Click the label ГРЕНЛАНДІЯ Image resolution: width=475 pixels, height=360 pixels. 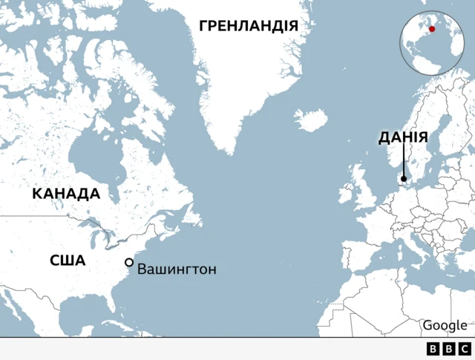point(249,26)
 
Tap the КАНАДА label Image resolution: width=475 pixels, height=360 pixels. point(65,194)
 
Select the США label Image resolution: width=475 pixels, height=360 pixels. point(68,261)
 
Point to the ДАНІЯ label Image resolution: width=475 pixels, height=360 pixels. point(402,137)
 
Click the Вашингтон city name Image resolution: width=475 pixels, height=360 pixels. point(177,269)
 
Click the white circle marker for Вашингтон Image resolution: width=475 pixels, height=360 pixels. point(129,262)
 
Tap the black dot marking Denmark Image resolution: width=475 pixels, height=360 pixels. point(403,178)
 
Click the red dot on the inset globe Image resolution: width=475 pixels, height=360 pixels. point(432,29)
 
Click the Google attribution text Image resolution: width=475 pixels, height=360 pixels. point(445,325)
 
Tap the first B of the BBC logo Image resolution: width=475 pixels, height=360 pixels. point(433,349)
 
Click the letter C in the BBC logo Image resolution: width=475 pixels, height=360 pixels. point(463,349)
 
